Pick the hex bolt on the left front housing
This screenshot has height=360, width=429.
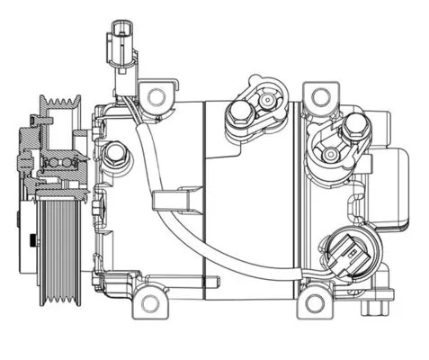(113, 157)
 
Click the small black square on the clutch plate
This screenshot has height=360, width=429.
(33, 240)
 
